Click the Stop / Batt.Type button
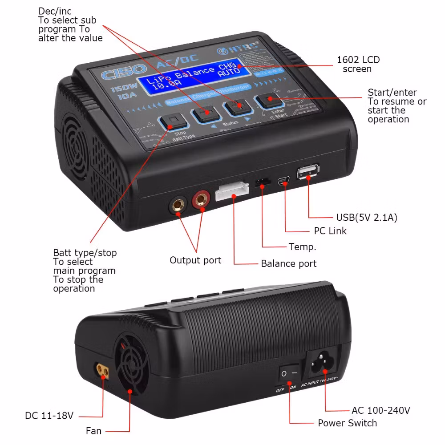click(172, 122)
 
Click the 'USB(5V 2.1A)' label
click(367, 218)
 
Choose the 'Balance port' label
click(289, 263)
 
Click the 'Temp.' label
click(303, 247)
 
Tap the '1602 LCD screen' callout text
click(358, 65)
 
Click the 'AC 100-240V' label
click(381, 410)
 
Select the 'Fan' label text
click(93, 431)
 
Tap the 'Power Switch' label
click(347, 423)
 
